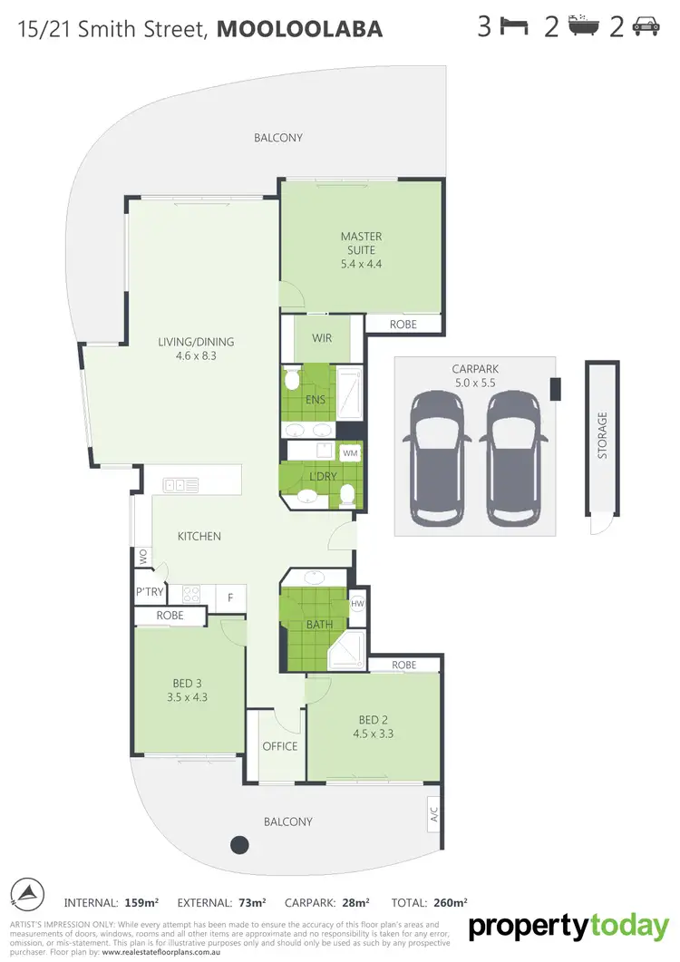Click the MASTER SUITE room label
pos(361,243)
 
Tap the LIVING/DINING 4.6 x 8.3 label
pos(197,349)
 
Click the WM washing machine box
pos(349,452)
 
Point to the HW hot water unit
pos(356,603)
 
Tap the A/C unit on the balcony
pos(432,811)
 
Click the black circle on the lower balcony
pos(239,844)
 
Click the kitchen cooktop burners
pos(192,595)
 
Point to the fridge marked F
pos(230,597)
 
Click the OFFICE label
pos(279,746)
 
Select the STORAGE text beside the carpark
pos(602,434)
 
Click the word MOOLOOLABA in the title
pos(300,29)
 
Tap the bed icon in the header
pos(515,27)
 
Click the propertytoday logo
pos(568,927)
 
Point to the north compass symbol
pos(27,893)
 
